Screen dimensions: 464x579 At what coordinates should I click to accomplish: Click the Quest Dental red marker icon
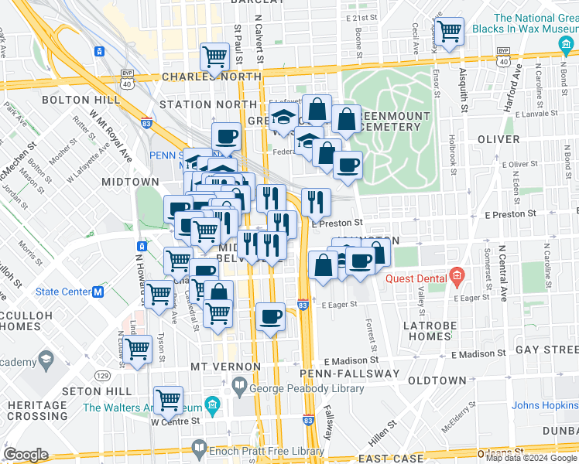pyautogui.click(x=457, y=276)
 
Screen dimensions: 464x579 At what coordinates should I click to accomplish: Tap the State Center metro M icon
pyautogui.click(x=98, y=292)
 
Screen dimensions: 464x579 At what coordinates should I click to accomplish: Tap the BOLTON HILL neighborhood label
pyautogui.click(x=81, y=100)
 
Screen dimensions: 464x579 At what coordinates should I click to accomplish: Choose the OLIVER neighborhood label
pyautogui.click(x=498, y=139)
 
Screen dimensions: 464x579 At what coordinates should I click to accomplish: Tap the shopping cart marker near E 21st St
pyautogui.click(x=448, y=31)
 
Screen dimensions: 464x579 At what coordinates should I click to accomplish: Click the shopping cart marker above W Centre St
pyautogui.click(x=168, y=399)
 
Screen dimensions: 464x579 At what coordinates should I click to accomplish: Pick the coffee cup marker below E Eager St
pyautogui.click(x=270, y=316)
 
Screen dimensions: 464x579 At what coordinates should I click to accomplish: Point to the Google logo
pyautogui.click(x=26, y=455)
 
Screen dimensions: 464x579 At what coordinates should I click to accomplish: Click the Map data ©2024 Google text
pyautogui.click(x=530, y=458)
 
